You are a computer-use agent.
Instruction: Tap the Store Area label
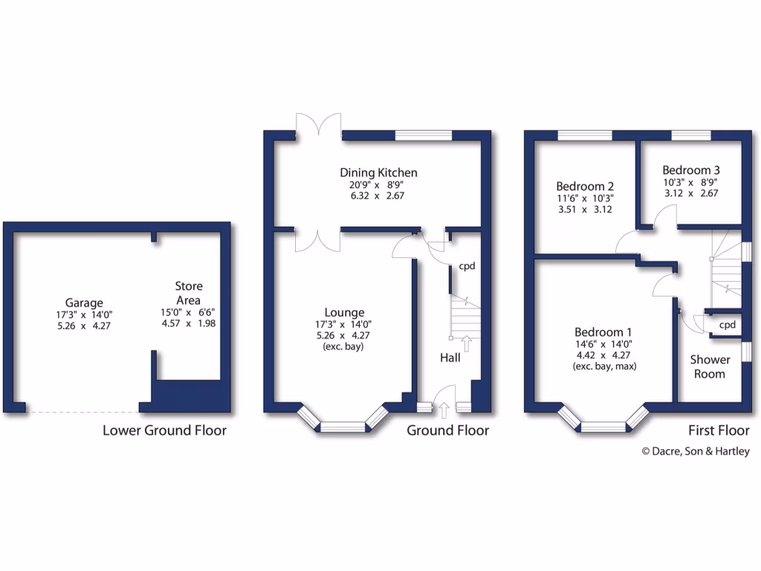(188, 293)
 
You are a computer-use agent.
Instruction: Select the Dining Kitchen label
(378, 172)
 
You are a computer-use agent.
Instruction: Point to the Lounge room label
(343, 312)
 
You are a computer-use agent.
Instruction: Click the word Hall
(450, 358)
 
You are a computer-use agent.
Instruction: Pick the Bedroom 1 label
(603, 332)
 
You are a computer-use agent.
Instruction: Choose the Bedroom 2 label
(585, 186)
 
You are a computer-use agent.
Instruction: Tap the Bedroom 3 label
(690, 169)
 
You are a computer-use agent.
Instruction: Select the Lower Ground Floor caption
(164, 430)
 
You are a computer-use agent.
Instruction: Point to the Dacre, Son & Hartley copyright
(696, 451)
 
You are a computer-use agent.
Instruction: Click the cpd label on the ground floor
(467, 266)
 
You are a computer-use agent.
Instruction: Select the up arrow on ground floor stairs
(467, 342)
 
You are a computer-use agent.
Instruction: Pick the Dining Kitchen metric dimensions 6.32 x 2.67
(378, 196)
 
